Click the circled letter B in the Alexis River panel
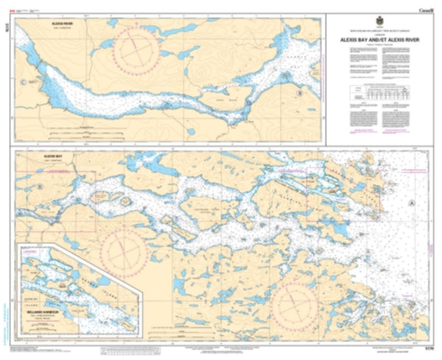pyautogui.click(x=299, y=93)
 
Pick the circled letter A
pyautogui.click(x=412, y=201)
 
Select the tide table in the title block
pyautogui.click(x=381, y=93)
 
